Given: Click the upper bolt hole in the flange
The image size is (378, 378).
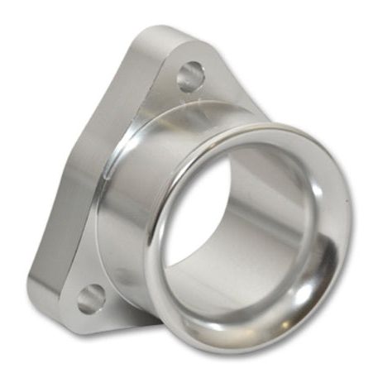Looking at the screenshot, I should pyautogui.click(x=189, y=77).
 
